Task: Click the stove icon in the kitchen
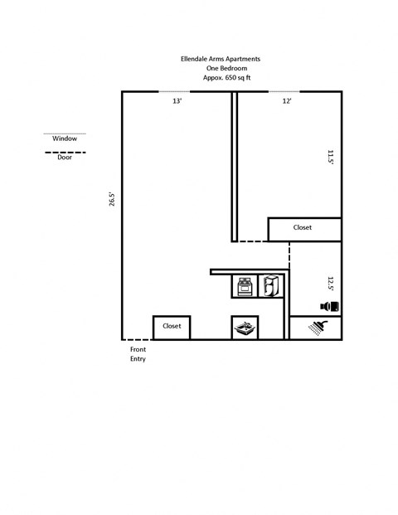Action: click(245, 286)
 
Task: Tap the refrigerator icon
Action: click(271, 286)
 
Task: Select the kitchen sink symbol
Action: click(244, 328)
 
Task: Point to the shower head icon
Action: click(316, 328)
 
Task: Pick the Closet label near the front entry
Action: click(172, 326)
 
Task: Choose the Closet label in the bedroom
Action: click(303, 227)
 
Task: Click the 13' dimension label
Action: click(177, 101)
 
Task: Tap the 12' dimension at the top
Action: click(287, 101)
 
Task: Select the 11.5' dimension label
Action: click(330, 157)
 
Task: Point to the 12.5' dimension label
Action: click(330, 284)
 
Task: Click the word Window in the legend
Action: click(64, 138)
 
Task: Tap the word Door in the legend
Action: click(65, 158)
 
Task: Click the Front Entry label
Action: click(138, 354)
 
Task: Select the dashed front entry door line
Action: click(137, 339)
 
